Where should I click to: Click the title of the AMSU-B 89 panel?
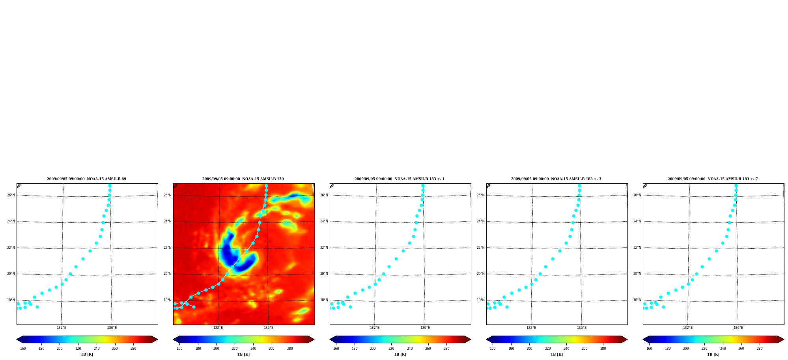(x=86, y=179)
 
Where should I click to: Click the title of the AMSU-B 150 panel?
(x=243, y=179)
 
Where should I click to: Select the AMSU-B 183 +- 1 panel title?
(x=400, y=179)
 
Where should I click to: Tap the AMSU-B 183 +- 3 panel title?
(x=556, y=179)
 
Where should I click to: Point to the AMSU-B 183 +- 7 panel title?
(x=713, y=179)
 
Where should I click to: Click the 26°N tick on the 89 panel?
(x=11, y=195)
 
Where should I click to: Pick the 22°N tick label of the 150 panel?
(x=168, y=248)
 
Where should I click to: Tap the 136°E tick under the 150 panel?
(x=269, y=328)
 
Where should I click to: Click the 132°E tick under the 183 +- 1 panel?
(x=375, y=328)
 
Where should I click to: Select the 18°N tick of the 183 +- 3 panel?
(x=481, y=300)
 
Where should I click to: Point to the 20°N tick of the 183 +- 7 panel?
(x=637, y=274)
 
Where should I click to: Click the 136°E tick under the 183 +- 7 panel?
(x=738, y=328)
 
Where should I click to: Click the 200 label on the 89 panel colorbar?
(x=60, y=349)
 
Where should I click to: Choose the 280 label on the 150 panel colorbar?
(x=290, y=349)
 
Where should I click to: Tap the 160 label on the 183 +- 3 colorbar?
(x=493, y=349)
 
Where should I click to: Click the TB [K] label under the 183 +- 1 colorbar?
(x=400, y=354)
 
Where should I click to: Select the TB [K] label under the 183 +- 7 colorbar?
(x=713, y=354)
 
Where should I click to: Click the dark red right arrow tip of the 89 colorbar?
(x=157, y=339)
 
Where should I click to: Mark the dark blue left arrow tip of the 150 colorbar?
(x=174, y=339)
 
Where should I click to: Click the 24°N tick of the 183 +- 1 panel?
(x=324, y=221)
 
